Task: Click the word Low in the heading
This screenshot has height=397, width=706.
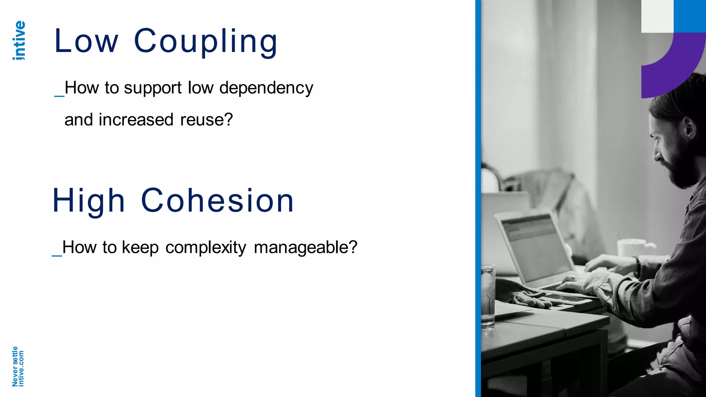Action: click(86, 41)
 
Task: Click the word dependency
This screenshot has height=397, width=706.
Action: click(266, 88)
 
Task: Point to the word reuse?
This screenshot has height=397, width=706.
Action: click(206, 120)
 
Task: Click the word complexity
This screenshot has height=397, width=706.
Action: click(205, 247)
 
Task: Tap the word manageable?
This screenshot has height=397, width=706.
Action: click(305, 247)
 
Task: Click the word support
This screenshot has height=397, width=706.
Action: click(152, 88)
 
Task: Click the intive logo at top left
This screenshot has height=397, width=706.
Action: click(19, 40)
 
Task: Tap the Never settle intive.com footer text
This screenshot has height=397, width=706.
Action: click(18, 366)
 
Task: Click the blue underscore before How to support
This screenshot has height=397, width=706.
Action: click(59, 95)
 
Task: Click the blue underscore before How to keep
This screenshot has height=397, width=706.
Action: click(57, 255)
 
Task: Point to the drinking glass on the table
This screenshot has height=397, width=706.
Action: click(488, 295)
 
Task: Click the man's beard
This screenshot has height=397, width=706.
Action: click(681, 169)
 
